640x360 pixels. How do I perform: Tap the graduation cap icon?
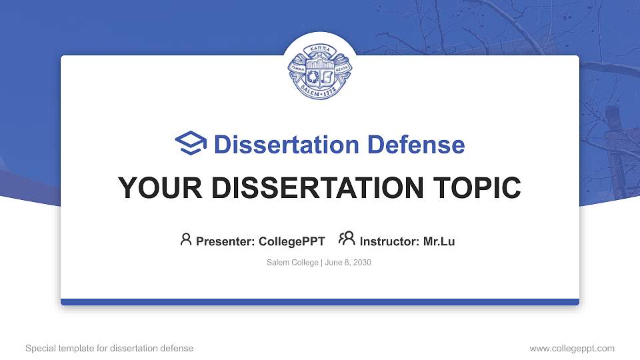click(191, 144)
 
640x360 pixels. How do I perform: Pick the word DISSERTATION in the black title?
click(313, 188)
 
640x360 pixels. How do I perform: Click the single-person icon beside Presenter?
click(186, 239)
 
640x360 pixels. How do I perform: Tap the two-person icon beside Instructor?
click(347, 239)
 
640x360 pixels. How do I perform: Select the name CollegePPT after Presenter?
click(291, 241)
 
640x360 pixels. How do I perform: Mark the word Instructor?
click(389, 241)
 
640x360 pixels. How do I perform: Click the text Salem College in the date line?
click(292, 263)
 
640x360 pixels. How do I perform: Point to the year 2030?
click(362, 263)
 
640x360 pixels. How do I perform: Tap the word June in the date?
click(333, 263)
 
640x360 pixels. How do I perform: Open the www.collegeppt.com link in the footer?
click(571, 348)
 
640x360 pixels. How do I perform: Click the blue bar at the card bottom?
click(320, 302)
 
